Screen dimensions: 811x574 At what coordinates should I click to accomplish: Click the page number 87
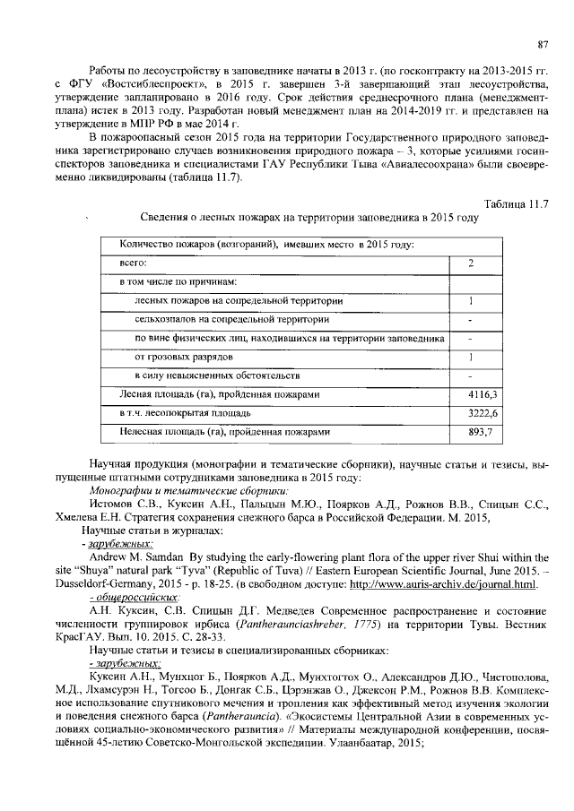click(x=542, y=44)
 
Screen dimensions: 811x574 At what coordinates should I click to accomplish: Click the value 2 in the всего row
click(x=471, y=263)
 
